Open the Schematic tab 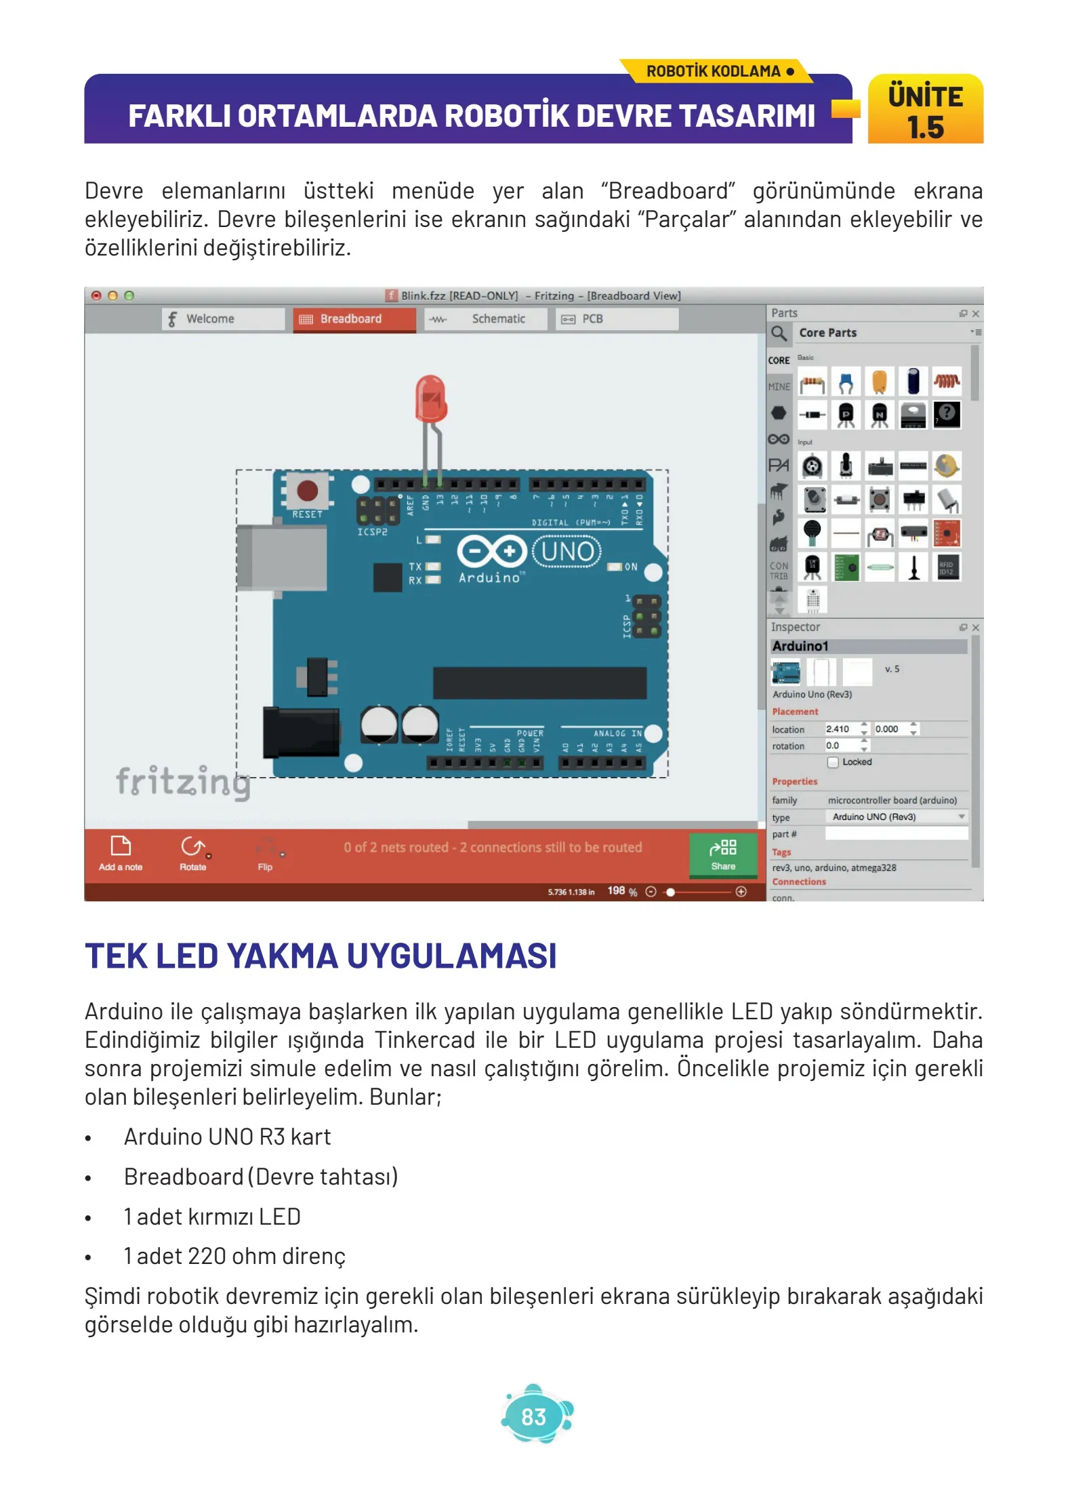click(485, 319)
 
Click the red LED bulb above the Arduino click(430, 399)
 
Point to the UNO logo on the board click(567, 552)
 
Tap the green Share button click(722, 855)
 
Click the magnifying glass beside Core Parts click(779, 333)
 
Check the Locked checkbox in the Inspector click(833, 762)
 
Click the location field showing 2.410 click(841, 729)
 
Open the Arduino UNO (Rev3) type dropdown click(897, 817)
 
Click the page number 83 click(534, 1416)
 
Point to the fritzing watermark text click(183, 782)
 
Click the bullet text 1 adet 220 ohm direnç click(234, 1256)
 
